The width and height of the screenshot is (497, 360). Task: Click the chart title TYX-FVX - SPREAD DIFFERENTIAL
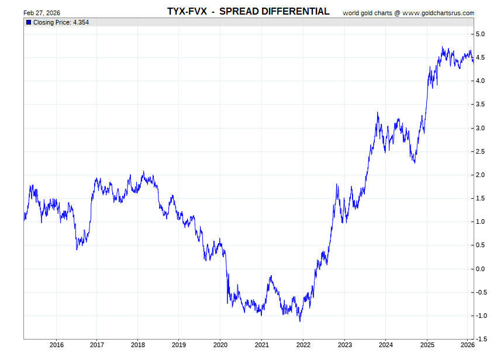click(248, 12)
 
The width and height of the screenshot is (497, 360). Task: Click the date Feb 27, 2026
click(42, 13)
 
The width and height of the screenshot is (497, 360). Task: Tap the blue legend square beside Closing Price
click(28, 22)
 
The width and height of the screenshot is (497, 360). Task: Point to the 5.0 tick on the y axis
click(480, 34)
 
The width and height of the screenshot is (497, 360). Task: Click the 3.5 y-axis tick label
click(480, 105)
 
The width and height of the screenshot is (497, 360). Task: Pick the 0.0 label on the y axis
click(480, 269)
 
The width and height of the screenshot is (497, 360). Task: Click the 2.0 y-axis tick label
click(480, 175)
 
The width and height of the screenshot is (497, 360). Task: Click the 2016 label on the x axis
click(56, 345)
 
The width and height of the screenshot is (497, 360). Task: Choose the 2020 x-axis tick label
click(220, 345)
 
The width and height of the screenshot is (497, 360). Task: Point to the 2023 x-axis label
click(344, 345)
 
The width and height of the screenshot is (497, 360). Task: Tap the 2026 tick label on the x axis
click(468, 345)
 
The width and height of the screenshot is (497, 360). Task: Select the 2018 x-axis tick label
click(138, 345)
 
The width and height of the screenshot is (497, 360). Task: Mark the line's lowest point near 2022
click(300, 321)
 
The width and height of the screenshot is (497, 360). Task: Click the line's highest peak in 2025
click(443, 47)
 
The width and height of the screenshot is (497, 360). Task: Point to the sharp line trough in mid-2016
click(77, 250)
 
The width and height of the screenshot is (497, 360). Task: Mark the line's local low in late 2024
click(415, 162)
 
